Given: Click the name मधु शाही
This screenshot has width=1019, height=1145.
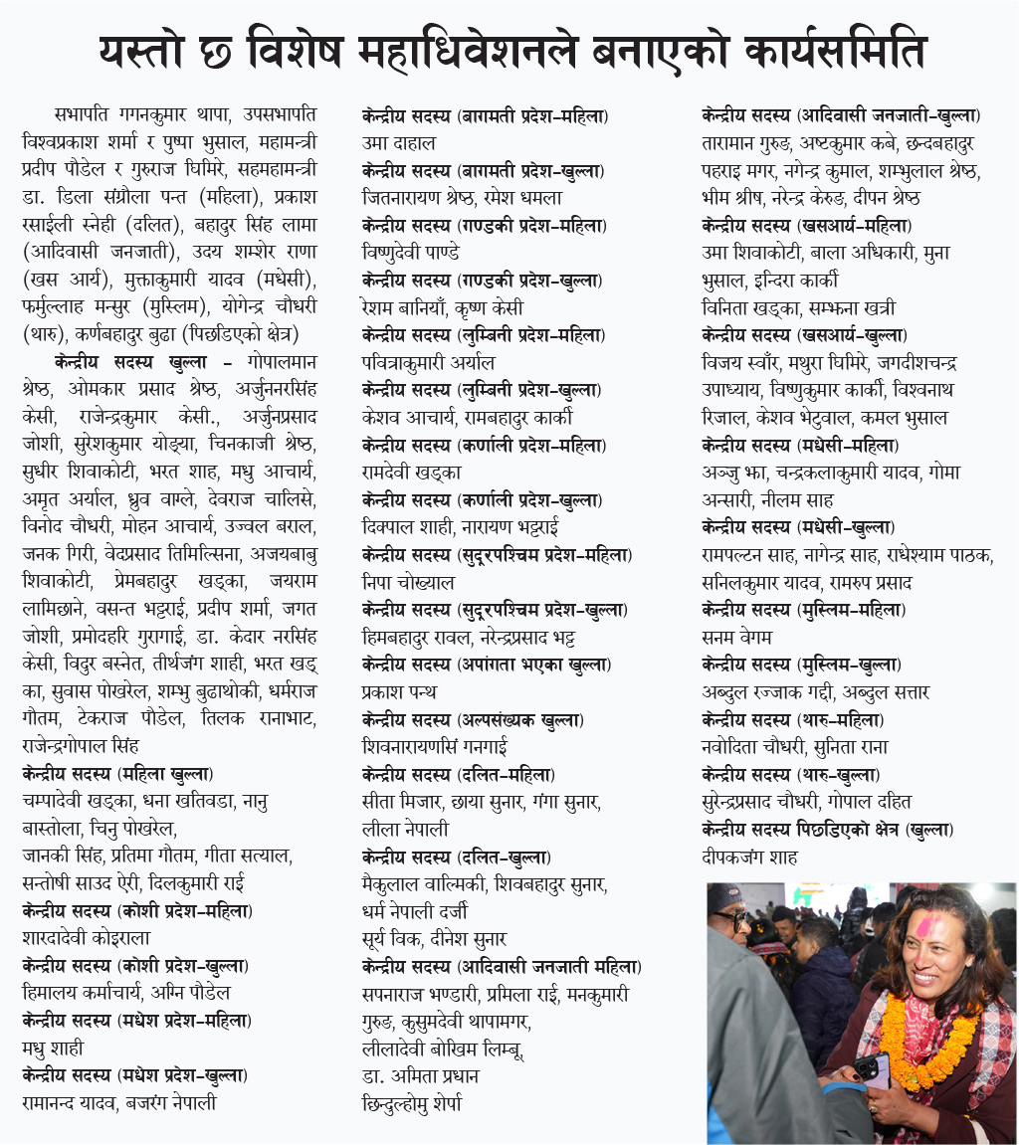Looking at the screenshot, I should click(x=53, y=1048).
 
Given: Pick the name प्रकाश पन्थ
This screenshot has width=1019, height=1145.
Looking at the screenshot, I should click(x=399, y=691).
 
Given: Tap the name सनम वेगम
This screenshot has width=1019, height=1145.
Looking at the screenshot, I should click(x=736, y=637).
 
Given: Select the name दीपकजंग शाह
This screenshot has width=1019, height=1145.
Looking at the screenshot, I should click(x=749, y=857).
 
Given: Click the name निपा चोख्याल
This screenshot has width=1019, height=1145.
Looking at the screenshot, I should click(x=408, y=582).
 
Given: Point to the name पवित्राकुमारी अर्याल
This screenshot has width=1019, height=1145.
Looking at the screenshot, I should click(x=428, y=362).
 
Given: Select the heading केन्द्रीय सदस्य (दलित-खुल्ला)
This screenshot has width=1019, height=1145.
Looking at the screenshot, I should click(x=457, y=857).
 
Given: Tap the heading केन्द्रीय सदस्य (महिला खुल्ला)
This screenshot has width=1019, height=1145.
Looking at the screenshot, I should click(x=117, y=772).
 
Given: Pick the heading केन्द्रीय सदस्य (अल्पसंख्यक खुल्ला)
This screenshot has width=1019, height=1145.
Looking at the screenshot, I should click(x=473, y=719).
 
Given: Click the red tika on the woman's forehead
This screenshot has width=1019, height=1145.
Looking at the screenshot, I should click(x=923, y=925).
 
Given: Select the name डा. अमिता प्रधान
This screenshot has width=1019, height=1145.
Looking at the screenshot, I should click(x=421, y=1075).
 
